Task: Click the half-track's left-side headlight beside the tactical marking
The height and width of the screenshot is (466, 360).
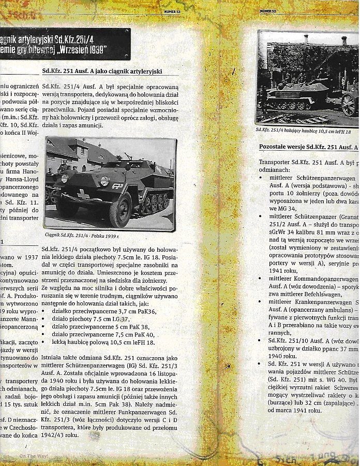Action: (x=104, y=181)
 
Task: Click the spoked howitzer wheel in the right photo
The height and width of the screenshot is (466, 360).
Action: (x=349, y=105)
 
